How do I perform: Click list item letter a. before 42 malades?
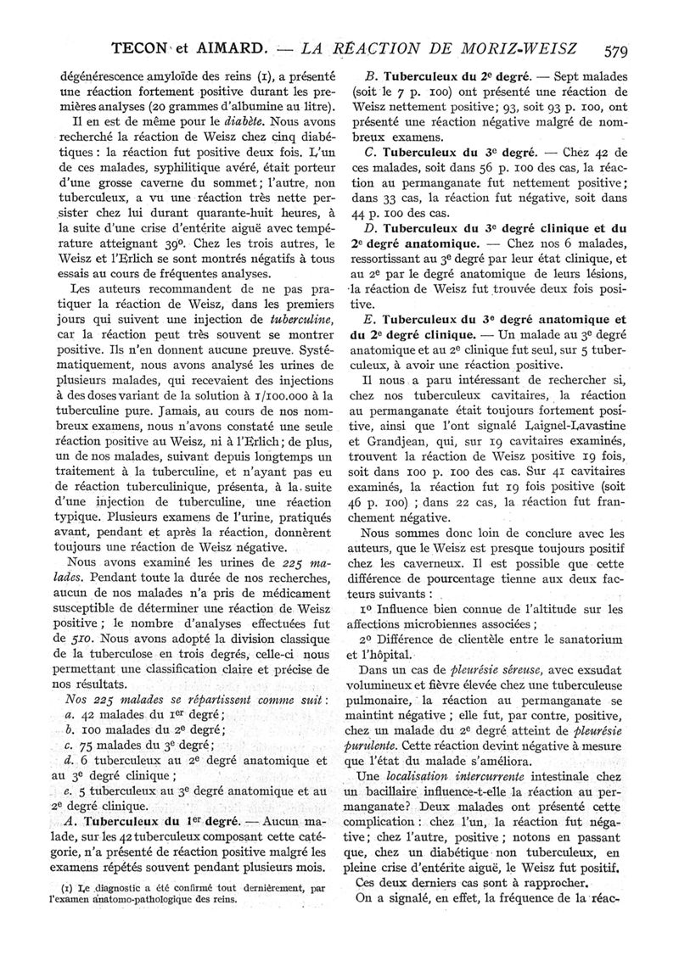(70, 717)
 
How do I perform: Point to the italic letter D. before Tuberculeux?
(367, 228)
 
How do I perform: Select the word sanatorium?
(582, 637)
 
